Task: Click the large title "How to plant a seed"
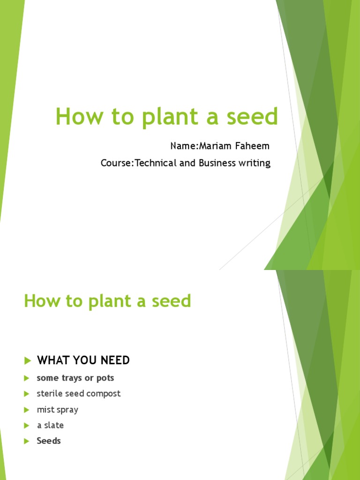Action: pyautogui.click(x=166, y=116)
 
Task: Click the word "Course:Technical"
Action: pyautogui.click(x=132, y=163)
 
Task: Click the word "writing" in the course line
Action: pyautogui.click(x=254, y=164)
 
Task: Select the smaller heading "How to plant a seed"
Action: pyautogui.click(x=107, y=301)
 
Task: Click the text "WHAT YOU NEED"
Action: pyautogui.click(x=83, y=360)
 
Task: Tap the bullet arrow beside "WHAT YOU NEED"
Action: pyautogui.click(x=27, y=360)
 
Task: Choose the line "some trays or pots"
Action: pyautogui.click(x=75, y=378)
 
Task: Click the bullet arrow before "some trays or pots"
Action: pyautogui.click(x=27, y=378)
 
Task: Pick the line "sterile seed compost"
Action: pyautogui.click(x=79, y=394)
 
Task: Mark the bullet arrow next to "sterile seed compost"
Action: pyautogui.click(x=27, y=394)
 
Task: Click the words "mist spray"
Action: pyautogui.click(x=58, y=410)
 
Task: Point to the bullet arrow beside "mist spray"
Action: pyautogui.click(x=27, y=410)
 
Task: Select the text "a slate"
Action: pyautogui.click(x=50, y=426)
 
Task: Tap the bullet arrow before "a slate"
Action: pyautogui.click(x=27, y=426)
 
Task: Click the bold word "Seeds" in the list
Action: pyautogui.click(x=49, y=441)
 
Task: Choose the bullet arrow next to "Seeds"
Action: pyautogui.click(x=27, y=442)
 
